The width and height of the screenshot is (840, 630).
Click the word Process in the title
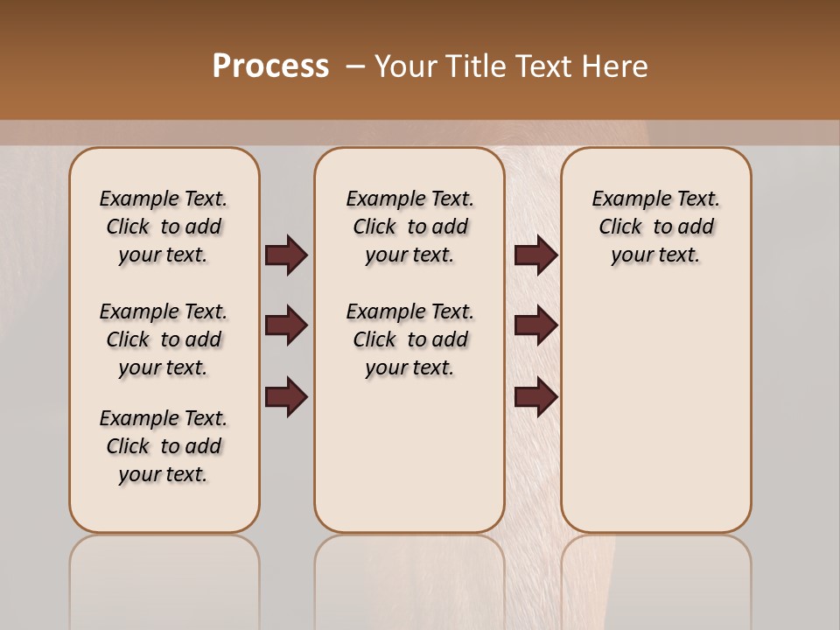(270, 66)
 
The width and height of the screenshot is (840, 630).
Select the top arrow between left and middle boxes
(286, 255)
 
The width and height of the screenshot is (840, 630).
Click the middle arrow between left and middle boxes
(286, 326)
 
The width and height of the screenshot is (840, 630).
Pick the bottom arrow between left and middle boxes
(286, 398)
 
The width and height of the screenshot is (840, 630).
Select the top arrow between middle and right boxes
(535, 255)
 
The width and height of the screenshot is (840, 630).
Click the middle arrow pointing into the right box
(535, 326)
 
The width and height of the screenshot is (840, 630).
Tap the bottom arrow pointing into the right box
(535, 398)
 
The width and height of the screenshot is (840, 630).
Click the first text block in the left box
(164, 227)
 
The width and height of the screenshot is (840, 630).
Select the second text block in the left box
(164, 339)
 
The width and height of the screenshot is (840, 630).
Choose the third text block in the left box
(164, 446)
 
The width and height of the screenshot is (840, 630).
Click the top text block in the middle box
(409, 227)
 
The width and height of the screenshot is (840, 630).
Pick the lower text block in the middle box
(409, 339)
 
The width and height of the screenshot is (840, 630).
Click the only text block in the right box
(655, 227)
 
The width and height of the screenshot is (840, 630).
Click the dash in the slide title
(355, 66)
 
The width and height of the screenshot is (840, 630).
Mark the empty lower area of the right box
(655, 411)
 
